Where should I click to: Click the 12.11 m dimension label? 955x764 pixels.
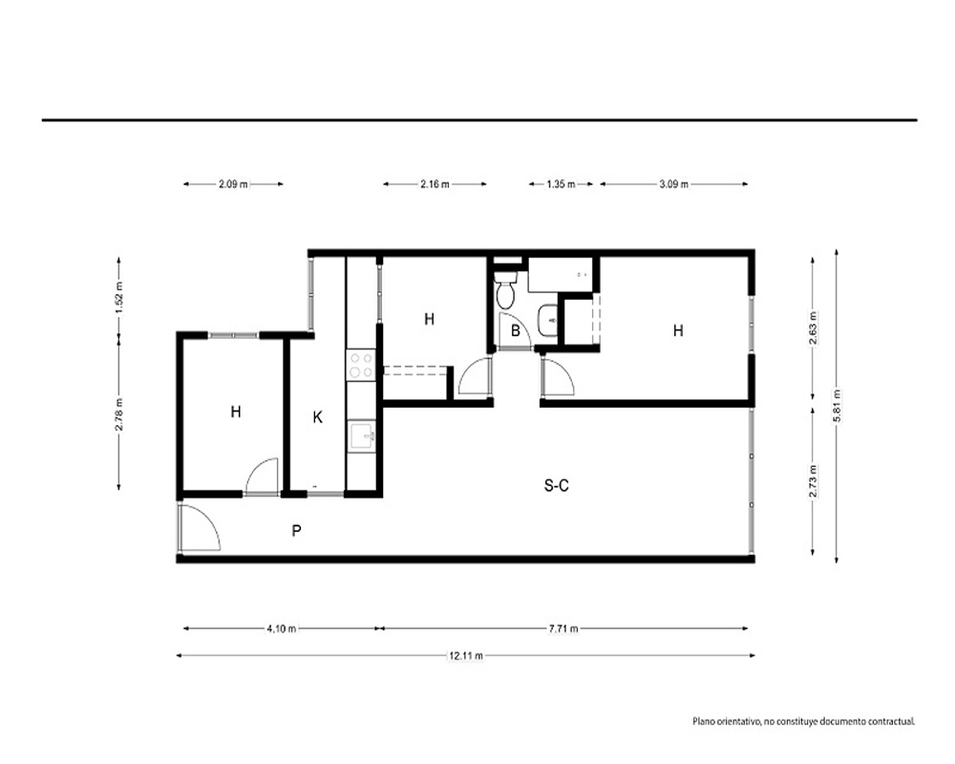tap(466, 655)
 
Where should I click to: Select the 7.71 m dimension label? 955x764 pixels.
tap(563, 628)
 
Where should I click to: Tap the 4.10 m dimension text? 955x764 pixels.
tap(282, 628)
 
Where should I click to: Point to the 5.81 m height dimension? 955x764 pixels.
tap(837, 406)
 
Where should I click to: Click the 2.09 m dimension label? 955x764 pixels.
tap(233, 183)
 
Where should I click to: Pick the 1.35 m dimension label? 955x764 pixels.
tap(561, 183)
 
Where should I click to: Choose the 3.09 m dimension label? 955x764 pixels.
tap(673, 183)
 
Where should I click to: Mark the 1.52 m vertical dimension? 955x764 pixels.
tap(118, 297)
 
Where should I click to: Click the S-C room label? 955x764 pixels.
tap(556, 485)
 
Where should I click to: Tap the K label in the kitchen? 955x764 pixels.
tap(317, 417)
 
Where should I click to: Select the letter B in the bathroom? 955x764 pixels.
tap(516, 331)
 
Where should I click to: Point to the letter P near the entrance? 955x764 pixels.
tap(296, 531)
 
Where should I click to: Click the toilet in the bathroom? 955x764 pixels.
tap(505, 290)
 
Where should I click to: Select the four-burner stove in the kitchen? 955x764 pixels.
tap(361, 364)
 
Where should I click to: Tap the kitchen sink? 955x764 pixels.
tap(361, 436)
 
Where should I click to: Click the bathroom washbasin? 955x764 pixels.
tap(547, 321)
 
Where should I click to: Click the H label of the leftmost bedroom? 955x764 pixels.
tap(236, 412)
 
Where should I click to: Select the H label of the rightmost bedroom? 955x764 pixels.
tap(678, 330)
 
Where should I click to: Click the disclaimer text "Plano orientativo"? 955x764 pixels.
tap(726, 721)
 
